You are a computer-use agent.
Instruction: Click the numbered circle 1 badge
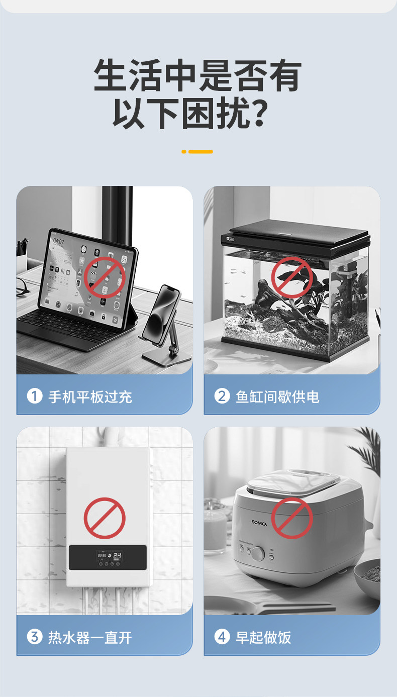[35, 396]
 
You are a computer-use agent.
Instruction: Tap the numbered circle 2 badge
[222, 396]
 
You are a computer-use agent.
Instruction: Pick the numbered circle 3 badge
[35, 637]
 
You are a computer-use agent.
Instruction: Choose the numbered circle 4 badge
[222, 637]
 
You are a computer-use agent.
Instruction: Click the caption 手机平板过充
[90, 397]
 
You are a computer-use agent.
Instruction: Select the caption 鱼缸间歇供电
[277, 397]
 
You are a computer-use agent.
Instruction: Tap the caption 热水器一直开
[90, 638]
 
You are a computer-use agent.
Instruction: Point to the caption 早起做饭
[263, 638]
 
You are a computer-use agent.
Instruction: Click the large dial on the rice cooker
[258, 554]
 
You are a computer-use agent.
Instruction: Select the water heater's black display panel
[108, 558]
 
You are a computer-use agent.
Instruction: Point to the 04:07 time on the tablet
[58, 241]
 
